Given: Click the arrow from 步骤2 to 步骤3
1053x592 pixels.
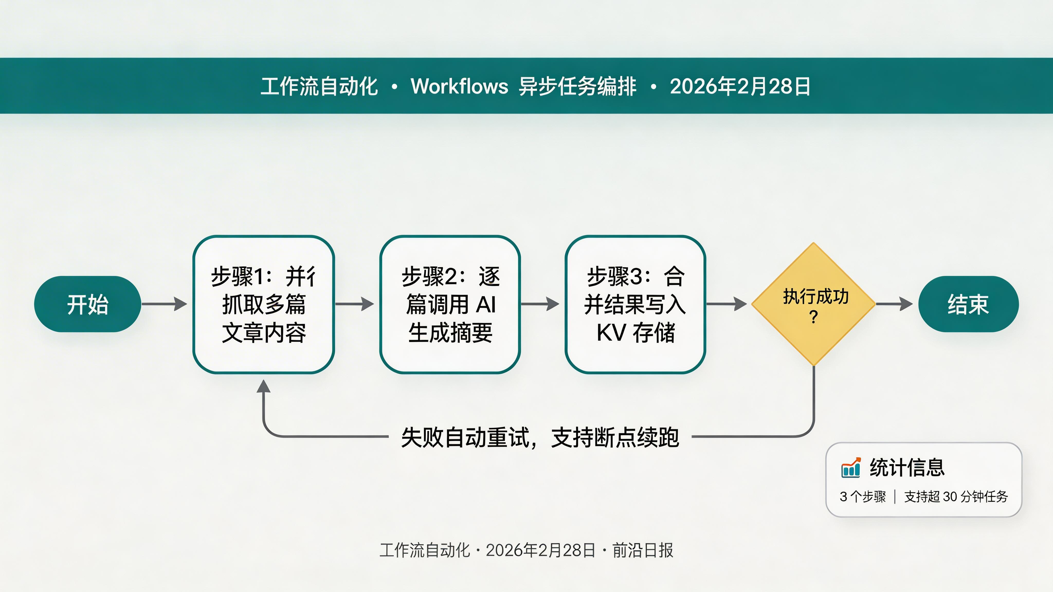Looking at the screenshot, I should pyautogui.click(x=540, y=304).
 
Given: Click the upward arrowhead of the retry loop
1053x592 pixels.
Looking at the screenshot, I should pyautogui.click(x=264, y=386).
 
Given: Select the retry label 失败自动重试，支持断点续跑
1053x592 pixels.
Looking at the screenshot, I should pyautogui.click(x=540, y=437).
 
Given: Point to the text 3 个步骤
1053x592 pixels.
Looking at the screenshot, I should pyautogui.click(x=863, y=496).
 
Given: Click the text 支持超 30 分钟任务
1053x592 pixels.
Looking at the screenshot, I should pyautogui.click(x=956, y=496).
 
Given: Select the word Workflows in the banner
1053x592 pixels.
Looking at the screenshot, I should pyautogui.click(x=459, y=86).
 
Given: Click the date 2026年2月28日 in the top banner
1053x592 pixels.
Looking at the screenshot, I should pyautogui.click(x=740, y=86).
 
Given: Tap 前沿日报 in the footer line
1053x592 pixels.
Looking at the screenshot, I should pyautogui.click(x=643, y=550).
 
